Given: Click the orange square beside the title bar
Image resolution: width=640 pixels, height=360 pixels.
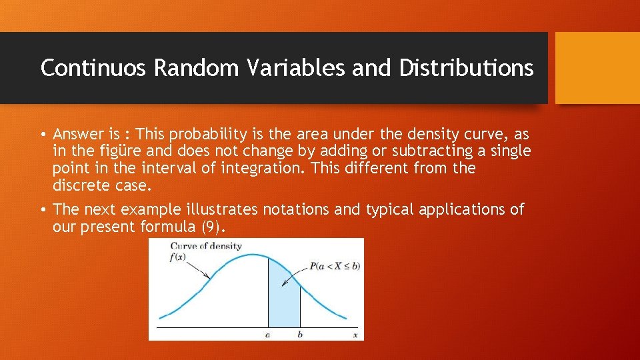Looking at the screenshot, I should point(597,68).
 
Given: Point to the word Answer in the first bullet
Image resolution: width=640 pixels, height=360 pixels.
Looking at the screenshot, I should point(77,133).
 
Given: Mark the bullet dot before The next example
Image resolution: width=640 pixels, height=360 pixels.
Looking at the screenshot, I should point(43,209).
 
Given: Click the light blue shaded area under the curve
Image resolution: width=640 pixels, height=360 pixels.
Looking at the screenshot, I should point(283,300).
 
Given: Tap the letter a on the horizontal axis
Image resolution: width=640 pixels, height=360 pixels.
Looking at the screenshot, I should point(267,335).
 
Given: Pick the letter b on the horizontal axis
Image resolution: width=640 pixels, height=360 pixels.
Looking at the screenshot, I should point(300,335).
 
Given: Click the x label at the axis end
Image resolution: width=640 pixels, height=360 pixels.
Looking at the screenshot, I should point(355,335).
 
